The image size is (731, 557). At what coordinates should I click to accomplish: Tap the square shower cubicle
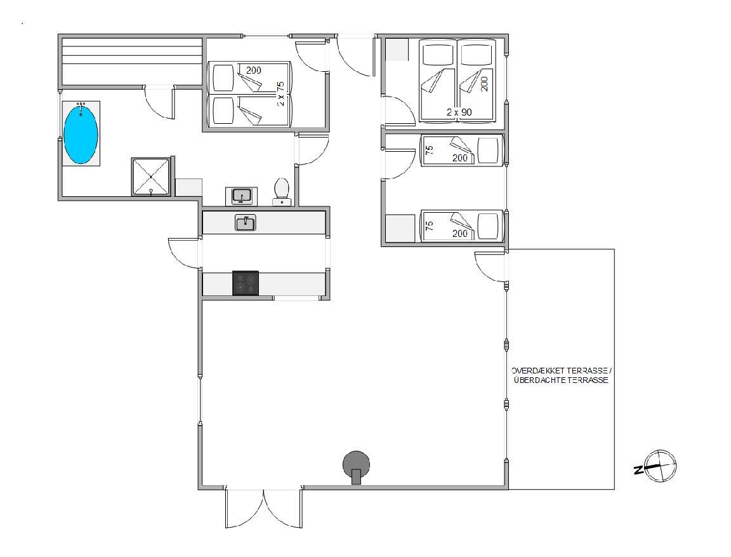[x=150, y=177]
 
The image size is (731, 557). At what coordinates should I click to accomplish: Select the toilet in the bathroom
[x=282, y=191]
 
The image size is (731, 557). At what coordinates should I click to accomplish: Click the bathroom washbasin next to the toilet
[x=242, y=196]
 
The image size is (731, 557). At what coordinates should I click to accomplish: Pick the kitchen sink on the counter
[x=245, y=222]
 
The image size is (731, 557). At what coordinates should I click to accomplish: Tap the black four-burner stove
[x=246, y=283]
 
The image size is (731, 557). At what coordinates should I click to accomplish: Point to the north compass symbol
[x=657, y=466]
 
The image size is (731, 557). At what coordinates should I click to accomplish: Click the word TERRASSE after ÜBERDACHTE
[x=586, y=380]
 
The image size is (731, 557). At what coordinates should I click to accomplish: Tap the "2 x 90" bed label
[x=459, y=112]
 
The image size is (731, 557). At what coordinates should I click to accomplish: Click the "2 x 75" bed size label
[x=280, y=94]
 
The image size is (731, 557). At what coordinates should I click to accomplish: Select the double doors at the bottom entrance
[x=264, y=509]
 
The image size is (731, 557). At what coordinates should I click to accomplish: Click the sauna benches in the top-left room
[x=132, y=61]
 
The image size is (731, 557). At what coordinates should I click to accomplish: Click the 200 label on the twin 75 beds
[x=254, y=70]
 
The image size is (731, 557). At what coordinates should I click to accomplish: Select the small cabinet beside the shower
[x=188, y=187]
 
